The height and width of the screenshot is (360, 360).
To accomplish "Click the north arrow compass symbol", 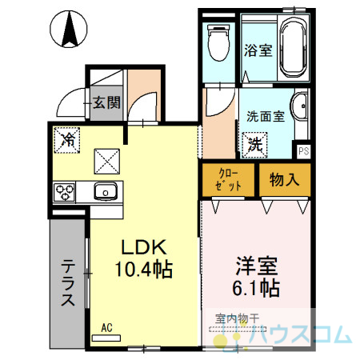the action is click(69, 29).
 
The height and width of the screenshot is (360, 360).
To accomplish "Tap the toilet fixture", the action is click(218, 42).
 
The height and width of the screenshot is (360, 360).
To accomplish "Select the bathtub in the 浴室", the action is click(293, 47).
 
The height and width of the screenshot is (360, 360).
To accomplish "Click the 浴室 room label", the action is click(258, 50).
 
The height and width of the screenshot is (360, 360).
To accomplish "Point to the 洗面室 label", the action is click(266, 117).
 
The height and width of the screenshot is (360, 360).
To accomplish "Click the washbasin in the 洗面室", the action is click(299, 106).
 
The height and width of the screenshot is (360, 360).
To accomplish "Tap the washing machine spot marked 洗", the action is click(254, 145).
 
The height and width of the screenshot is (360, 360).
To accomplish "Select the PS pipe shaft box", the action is click(303, 151).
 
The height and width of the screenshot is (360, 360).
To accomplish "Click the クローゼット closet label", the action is click(228, 180).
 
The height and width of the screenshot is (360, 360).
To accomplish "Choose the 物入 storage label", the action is click(284, 179).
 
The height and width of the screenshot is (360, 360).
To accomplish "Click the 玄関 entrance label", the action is click(106, 102).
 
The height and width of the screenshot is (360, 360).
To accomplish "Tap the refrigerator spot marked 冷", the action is click(67, 140).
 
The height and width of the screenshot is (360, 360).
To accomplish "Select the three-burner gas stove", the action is click(64, 192).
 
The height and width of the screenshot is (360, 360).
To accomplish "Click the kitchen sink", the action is click(106, 191).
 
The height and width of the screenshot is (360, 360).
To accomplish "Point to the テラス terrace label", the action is click(68, 282).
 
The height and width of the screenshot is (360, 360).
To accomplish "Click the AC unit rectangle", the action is click(106, 338).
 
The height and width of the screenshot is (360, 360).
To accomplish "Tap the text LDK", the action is click(144, 247).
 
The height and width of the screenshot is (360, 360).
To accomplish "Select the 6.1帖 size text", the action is click(256, 288).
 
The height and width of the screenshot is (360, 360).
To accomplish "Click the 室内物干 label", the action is click(237, 318).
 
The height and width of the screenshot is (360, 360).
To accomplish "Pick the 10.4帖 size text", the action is click(144, 269).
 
